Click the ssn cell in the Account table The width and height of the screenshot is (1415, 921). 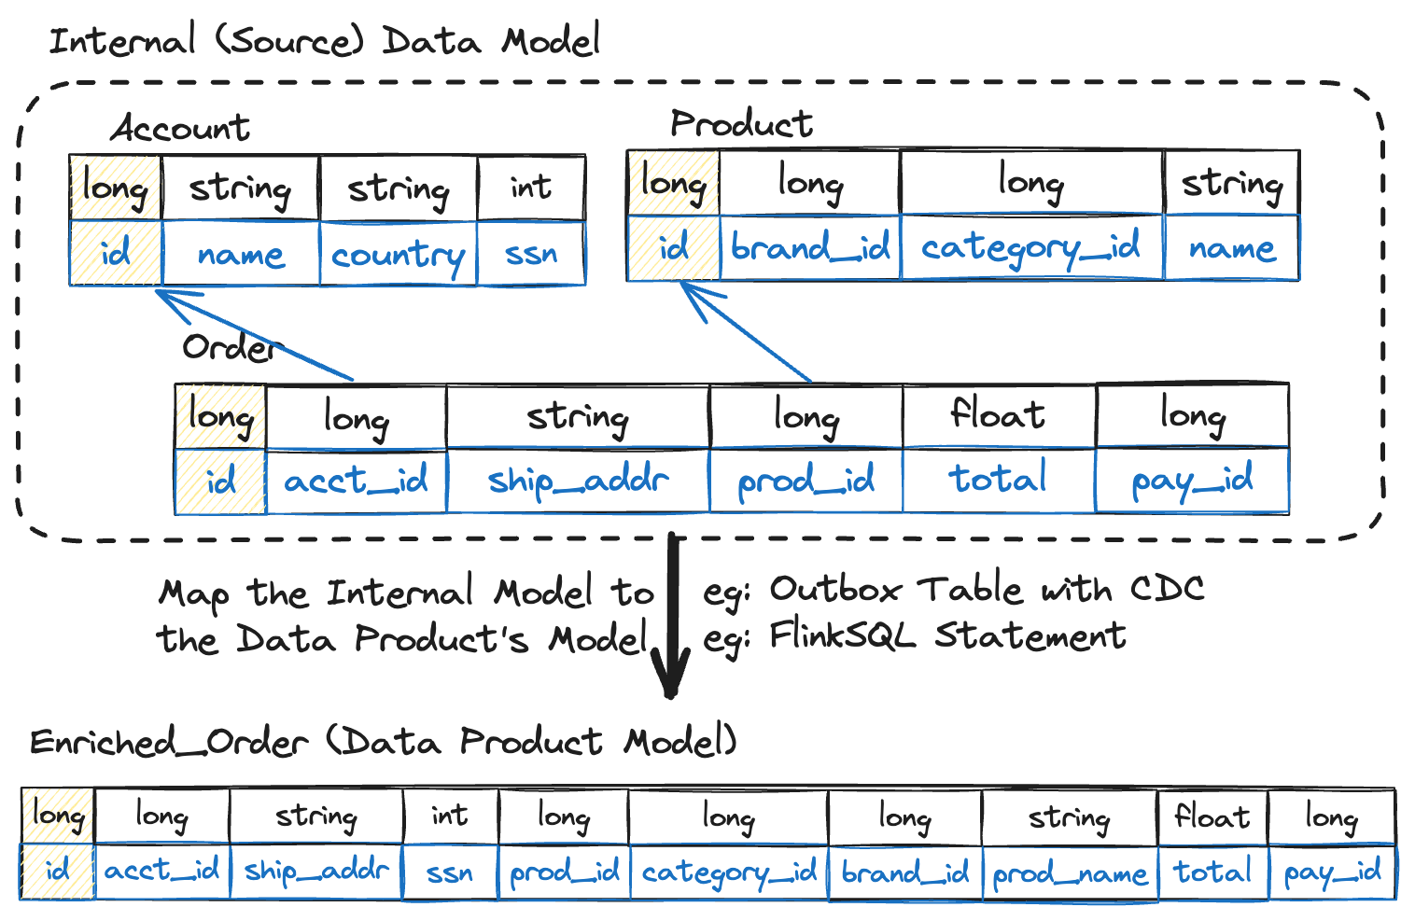tap(531, 254)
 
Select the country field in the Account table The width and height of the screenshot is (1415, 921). tap(398, 254)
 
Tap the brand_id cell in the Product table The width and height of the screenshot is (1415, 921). tap(810, 248)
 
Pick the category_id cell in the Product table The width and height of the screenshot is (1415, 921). tap(1031, 248)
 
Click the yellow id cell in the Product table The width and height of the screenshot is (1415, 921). tap(673, 248)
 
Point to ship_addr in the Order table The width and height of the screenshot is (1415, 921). tap(578, 481)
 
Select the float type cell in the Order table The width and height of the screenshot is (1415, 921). tap(998, 414)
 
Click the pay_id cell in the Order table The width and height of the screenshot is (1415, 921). tap(1192, 481)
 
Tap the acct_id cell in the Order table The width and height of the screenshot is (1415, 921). tap(356, 481)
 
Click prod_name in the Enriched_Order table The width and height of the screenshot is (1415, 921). tap(1070, 873)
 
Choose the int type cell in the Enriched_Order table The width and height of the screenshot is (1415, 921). tap(450, 816)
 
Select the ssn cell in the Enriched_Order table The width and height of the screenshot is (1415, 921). tap(450, 873)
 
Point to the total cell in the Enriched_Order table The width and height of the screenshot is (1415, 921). tap(1212, 872)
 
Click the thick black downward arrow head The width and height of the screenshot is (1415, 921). tap(670, 677)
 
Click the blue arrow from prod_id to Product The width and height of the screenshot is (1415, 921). tap(747, 334)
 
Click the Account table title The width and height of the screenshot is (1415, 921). tap(181, 128)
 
